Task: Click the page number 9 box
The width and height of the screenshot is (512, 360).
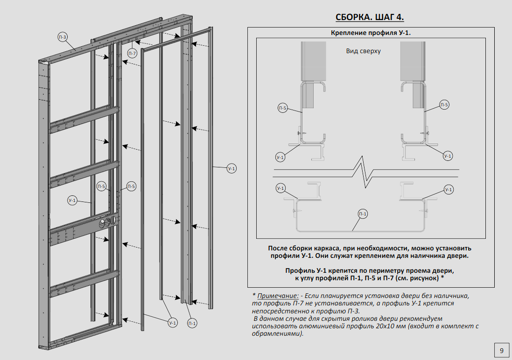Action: click(501, 351)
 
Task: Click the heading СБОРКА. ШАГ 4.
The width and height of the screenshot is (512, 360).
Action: click(370, 17)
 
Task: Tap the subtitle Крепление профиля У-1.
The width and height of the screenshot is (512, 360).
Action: click(371, 33)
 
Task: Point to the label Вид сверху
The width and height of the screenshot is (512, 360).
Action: click(363, 51)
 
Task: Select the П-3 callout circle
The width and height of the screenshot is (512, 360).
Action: click(63, 37)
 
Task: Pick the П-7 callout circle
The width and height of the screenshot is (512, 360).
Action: click(132, 54)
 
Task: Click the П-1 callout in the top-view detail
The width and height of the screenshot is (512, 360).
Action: click(363, 214)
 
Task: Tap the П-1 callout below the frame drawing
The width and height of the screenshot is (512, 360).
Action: click(191, 323)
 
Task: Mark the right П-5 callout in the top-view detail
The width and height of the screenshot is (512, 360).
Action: click(444, 105)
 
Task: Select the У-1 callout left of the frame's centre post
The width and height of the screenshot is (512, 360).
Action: click(72, 201)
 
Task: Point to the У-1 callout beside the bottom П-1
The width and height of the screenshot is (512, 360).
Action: click(173, 323)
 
